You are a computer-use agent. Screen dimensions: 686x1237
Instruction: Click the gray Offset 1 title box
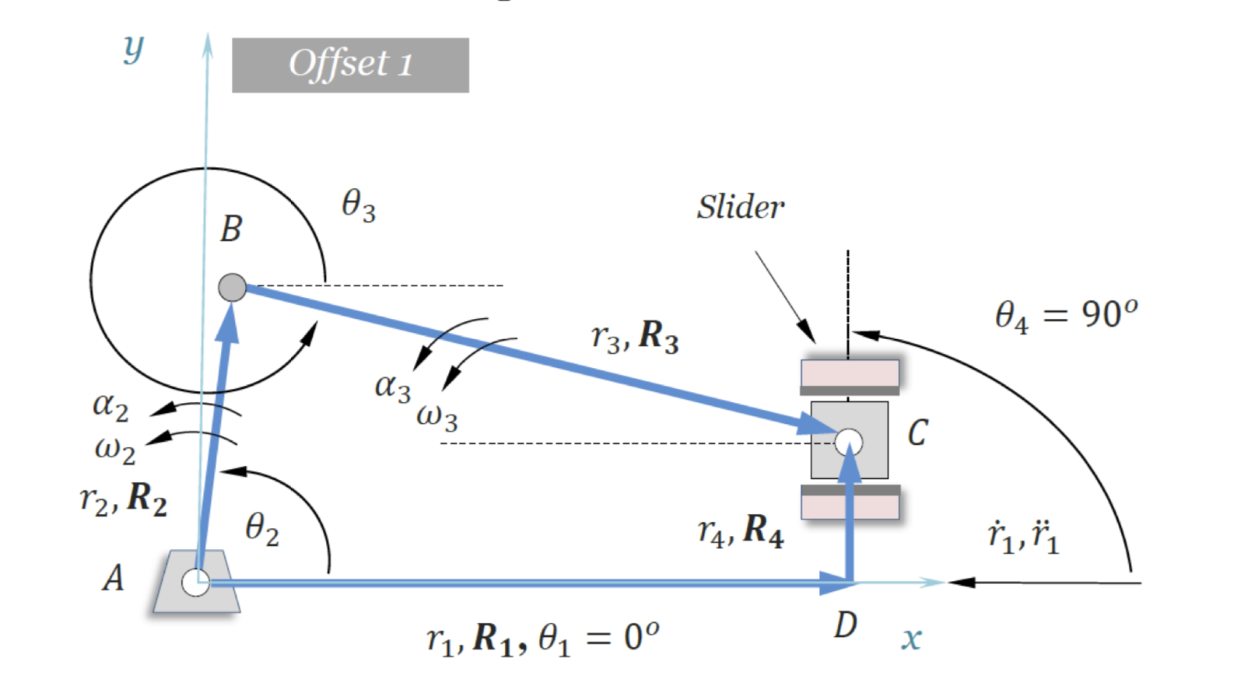[350, 65]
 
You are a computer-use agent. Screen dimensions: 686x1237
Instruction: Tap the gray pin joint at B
[232, 288]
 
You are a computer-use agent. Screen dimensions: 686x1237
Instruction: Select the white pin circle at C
[848, 442]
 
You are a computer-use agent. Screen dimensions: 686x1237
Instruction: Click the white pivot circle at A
[194, 582]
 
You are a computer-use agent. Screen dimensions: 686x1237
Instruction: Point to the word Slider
[740, 207]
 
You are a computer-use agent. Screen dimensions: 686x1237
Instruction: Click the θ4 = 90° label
[1066, 315]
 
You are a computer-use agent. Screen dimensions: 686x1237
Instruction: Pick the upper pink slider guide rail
[850, 373]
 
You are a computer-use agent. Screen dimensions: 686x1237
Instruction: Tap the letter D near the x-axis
[845, 625]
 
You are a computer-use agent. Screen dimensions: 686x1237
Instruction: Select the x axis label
[911, 639]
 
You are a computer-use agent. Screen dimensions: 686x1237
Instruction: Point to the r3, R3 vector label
[635, 337]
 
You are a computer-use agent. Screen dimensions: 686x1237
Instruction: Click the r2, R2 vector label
[124, 499]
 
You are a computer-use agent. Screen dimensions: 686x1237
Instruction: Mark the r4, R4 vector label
[741, 531]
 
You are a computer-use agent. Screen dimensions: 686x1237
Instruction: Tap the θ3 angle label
[358, 206]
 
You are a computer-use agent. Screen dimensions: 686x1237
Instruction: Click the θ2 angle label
[261, 530]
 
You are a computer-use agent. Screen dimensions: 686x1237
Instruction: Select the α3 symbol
[392, 387]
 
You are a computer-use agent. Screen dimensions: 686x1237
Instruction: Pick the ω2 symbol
[114, 450]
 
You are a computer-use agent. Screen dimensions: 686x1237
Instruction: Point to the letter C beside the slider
[917, 432]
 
